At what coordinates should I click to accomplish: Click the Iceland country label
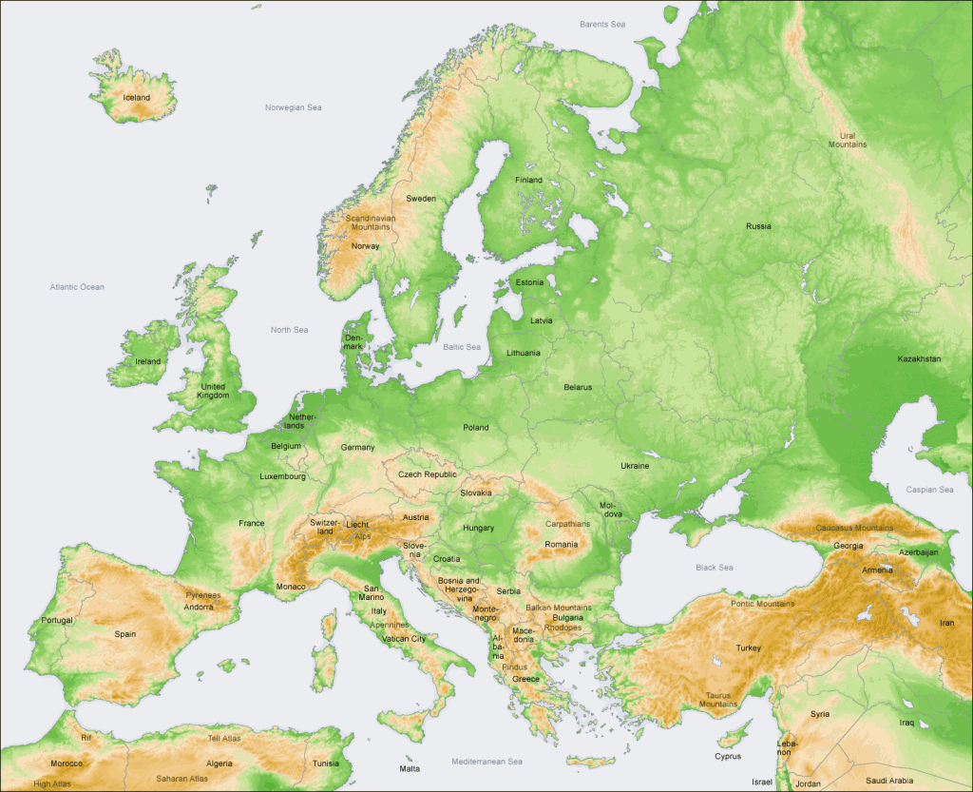click(x=137, y=97)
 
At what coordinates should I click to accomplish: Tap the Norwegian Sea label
click(x=293, y=107)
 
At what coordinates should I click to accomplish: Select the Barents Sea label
click(x=602, y=24)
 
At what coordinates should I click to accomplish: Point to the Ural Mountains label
click(x=847, y=140)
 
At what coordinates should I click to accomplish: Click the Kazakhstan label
click(x=919, y=358)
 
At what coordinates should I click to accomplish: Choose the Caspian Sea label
click(x=930, y=490)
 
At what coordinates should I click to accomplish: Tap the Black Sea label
click(x=714, y=568)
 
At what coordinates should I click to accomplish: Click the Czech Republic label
click(x=427, y=473)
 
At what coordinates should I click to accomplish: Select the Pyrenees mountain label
click(x=202, y=595)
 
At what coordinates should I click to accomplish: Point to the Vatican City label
click(x=405, y=639)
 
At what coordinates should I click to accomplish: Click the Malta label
click(x=410, y=768)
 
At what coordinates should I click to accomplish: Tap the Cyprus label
click(x=728, y=757)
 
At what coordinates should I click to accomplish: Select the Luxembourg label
click(x=282, y=475)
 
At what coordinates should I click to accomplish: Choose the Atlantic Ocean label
click(x=77, y=286)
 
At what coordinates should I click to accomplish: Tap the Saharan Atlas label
click(x=183, y=779)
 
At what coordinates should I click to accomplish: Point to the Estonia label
click(x=529, y=282)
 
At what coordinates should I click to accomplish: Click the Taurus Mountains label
click(x=718, y=699)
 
